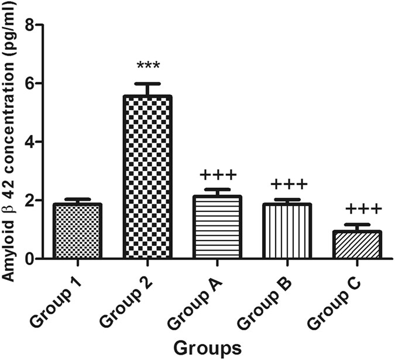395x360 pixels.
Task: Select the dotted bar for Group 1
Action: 78,231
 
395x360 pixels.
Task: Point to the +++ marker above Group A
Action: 217,175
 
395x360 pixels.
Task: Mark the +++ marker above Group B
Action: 287,185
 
